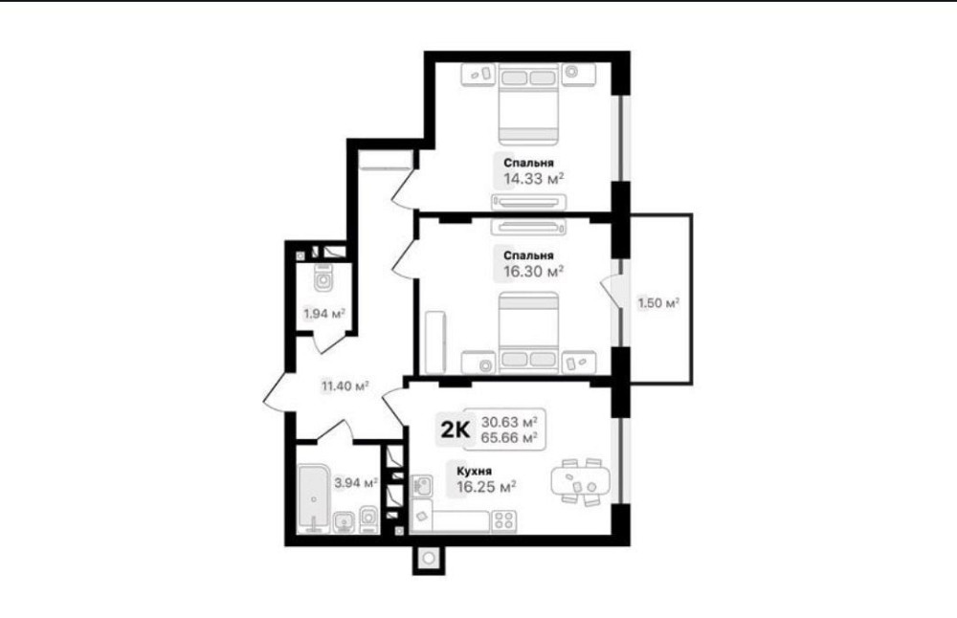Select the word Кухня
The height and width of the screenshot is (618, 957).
pos(476,471)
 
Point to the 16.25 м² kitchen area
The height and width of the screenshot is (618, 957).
pos(487,486)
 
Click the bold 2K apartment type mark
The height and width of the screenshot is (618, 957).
pos(455,430)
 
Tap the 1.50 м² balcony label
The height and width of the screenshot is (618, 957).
pos(659,303)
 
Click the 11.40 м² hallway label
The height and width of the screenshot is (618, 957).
pos(345,386)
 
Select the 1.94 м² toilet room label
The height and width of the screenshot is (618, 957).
pos(324,313)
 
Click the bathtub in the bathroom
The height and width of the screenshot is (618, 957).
pos(313,497)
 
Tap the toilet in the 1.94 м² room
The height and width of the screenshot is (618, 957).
pos(324,280)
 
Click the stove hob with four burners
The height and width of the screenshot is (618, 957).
pos(505,520)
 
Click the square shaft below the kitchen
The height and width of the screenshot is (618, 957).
pos(429,558)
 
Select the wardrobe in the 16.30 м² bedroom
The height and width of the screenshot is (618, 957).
pos(435,342)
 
